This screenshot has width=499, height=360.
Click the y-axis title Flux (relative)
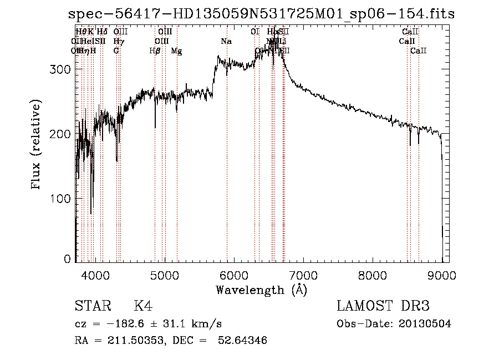point(37,146)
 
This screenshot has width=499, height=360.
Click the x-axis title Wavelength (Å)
point(261,290)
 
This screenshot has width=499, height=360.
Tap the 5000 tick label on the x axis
point(164,275)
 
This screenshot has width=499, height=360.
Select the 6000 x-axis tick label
point(233,275)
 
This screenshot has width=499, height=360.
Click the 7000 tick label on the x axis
point(303,275)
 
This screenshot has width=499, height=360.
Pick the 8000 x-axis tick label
point(373,275)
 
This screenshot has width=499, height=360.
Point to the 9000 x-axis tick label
point(442,275)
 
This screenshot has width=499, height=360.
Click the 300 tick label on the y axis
point(62,69)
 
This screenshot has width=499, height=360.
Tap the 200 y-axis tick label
point(62,134)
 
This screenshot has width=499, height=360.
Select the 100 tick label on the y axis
point(62,199)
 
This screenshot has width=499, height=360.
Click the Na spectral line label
point(226,41)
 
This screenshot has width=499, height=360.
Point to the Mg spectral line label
point(176,51)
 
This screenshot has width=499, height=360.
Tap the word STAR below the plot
point(91,306)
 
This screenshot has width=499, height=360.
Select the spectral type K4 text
point(142,306)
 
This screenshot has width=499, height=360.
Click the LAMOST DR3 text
point(383,306)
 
